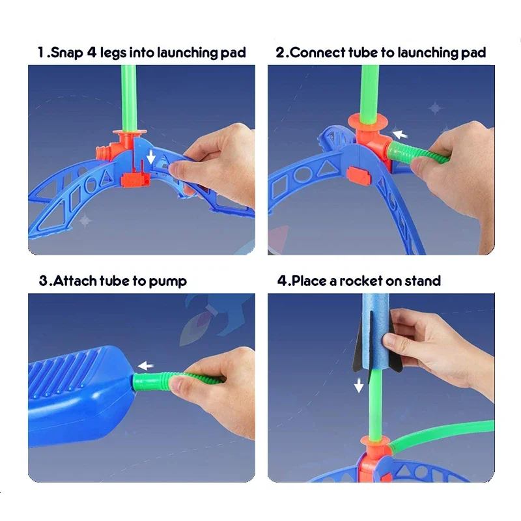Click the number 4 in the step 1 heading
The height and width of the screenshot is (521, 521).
[x=91, y=53]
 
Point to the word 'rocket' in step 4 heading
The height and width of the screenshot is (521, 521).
[x=359, y=281]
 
